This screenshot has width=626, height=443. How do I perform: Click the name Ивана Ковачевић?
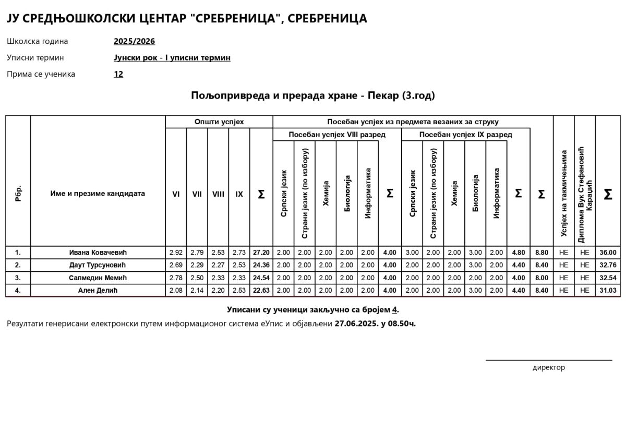coord(98,253)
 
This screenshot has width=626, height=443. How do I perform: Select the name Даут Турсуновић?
coord(98,265)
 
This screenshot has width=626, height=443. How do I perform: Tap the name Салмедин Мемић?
coord(98,278)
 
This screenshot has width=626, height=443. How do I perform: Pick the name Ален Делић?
coord(98,291)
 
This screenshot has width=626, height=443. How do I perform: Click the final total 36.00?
coord(608,253)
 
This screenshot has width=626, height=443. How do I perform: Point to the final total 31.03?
coord(608,291)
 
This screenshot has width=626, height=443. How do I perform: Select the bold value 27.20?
coord(261,253)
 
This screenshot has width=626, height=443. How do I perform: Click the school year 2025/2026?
coord(134,41)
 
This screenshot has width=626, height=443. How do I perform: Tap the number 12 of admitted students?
coord(118,74)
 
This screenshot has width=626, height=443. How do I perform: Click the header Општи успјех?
coord(219,122)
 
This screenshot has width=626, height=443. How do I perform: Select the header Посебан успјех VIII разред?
coord(337,135)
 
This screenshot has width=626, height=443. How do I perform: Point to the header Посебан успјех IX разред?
coord(465,135)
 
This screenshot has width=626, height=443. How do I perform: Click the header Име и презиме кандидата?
coord(98,194)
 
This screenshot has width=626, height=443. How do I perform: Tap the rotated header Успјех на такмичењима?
coord(564,194)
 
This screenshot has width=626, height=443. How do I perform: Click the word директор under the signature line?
coord(548,367)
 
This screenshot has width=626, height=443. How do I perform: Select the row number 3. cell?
coord(18,278)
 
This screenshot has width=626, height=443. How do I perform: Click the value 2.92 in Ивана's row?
coord(176,253)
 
